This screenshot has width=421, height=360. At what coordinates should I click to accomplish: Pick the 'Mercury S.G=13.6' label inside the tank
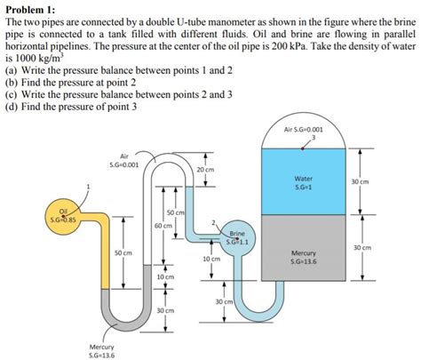pos(305,257)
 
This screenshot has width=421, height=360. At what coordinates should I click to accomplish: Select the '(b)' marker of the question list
pos(11,81)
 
